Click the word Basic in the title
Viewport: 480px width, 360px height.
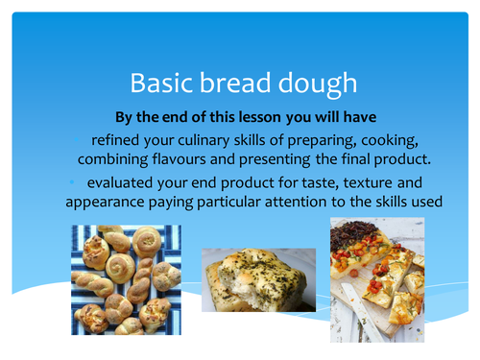pyautogui.click(x=160, y=84)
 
